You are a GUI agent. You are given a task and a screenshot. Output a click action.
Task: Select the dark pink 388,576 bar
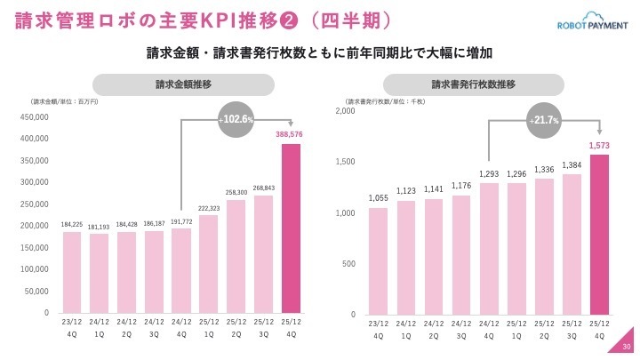291,228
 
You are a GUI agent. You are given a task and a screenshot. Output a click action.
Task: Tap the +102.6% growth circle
236,118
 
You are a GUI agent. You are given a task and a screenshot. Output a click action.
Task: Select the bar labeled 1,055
379,260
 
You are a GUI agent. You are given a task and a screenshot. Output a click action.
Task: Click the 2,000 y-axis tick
344,111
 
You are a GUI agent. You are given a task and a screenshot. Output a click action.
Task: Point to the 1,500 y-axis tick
344,162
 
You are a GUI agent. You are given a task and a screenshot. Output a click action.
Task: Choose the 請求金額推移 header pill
182,84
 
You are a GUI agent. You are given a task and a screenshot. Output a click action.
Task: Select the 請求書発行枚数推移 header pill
474,84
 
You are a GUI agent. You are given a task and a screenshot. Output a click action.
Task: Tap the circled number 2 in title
268,20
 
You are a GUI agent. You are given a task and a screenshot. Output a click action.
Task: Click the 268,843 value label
263,188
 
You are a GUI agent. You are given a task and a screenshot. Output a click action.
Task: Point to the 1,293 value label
490,175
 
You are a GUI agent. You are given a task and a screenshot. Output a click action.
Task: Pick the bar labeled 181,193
100,273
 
